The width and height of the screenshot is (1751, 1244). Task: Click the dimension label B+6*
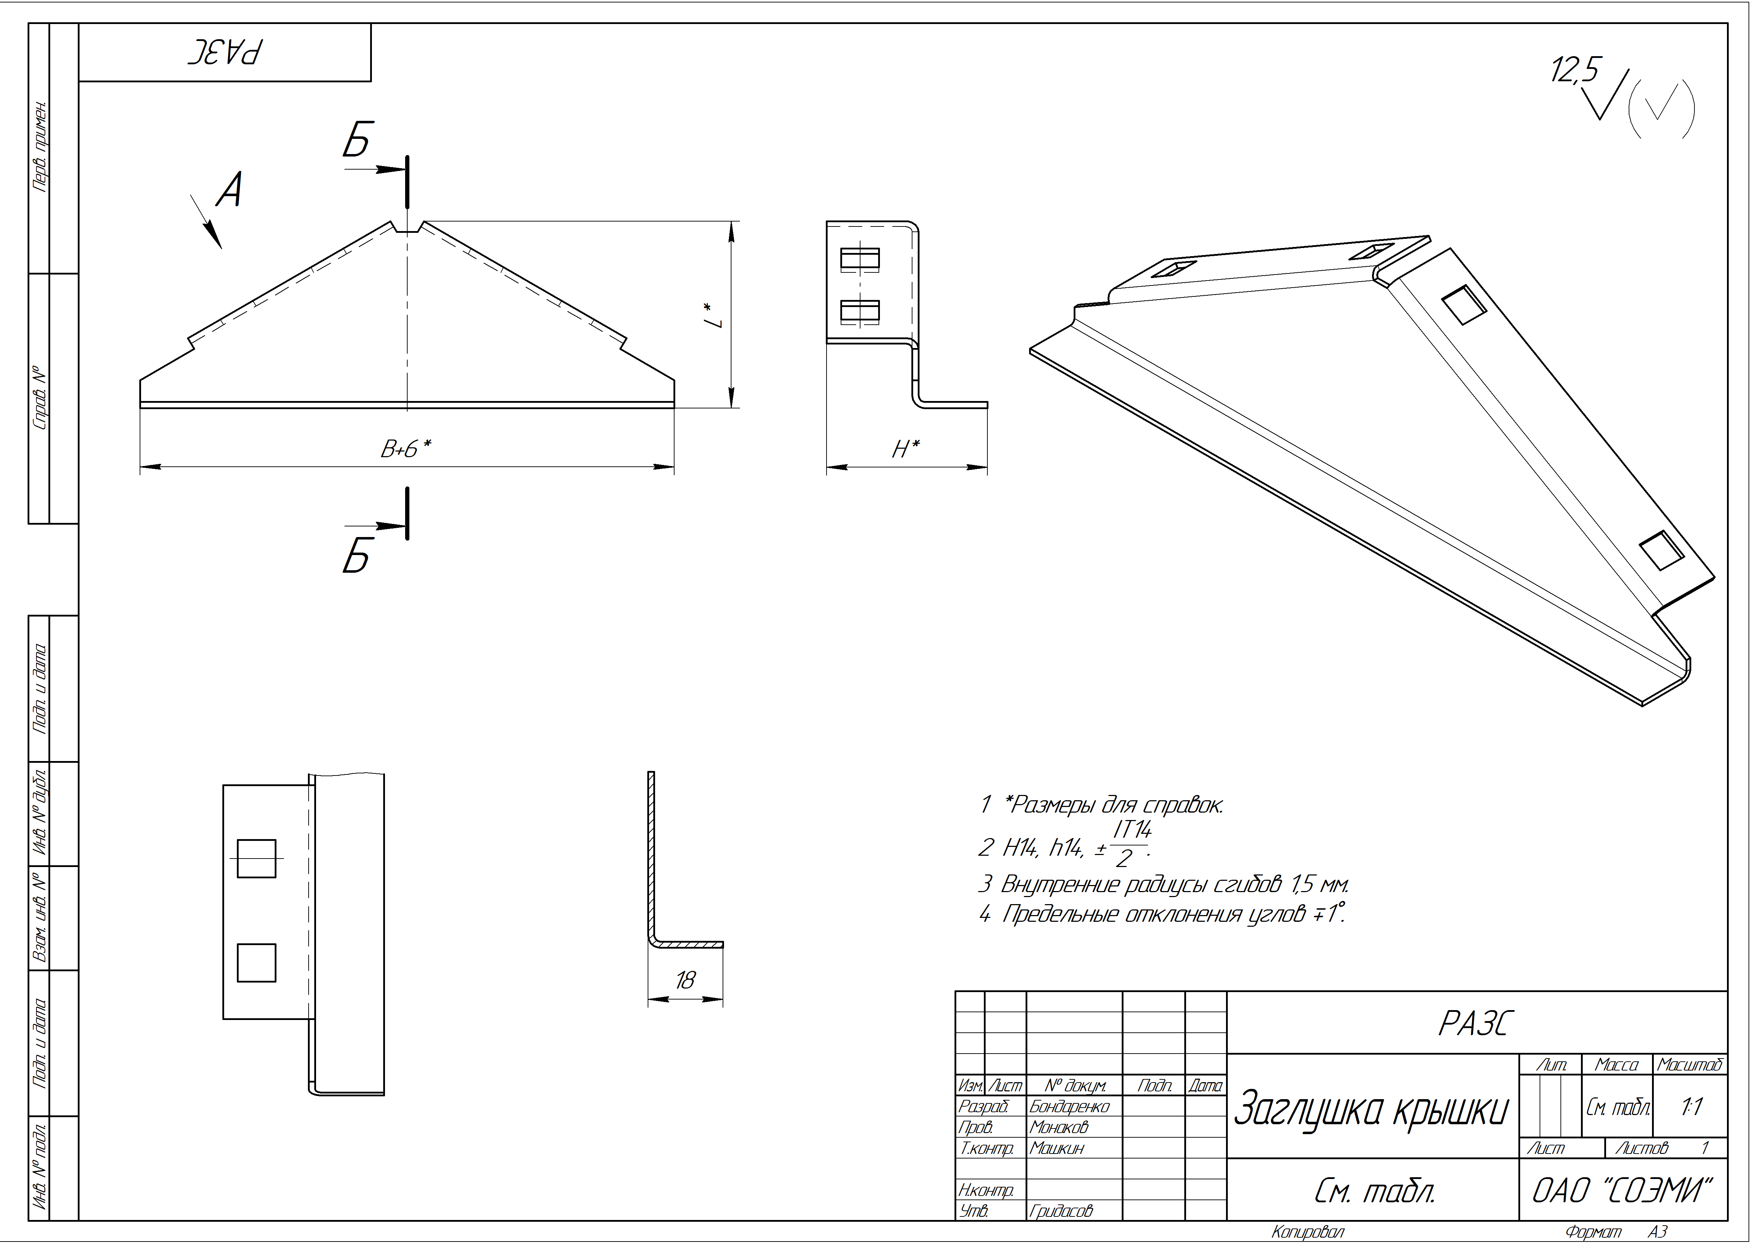coord(405,449)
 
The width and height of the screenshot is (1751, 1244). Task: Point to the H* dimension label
coord(906,449)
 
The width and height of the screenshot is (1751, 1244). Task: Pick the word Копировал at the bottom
coord(1307,1232)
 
